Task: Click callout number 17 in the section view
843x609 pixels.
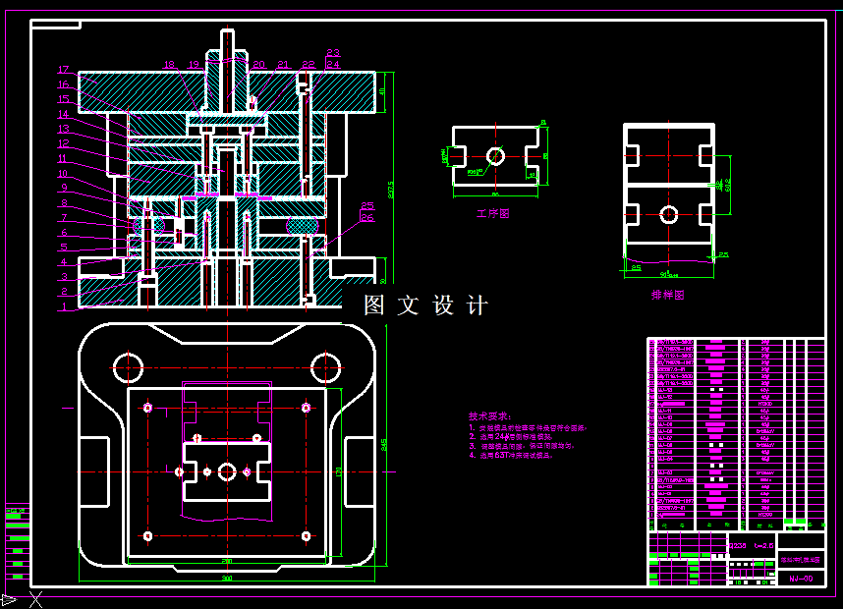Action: (x=63, y=70)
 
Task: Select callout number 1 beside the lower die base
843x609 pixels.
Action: (x=63, y=306)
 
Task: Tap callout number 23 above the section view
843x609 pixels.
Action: (x=333, y=53)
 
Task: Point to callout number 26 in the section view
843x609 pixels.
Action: (x=366, y=219)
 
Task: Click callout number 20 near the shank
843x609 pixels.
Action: (x=258, y=65)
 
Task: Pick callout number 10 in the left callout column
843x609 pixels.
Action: (x=63, y=174)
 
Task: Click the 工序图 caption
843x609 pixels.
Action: (x=492, y=213)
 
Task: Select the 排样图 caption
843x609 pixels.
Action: (x=667, y=294)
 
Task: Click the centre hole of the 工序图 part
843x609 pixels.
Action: (x=495, y=156)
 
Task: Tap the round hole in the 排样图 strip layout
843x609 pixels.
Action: (x=669, y=214)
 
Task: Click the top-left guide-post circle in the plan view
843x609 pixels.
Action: (x=128, y=367)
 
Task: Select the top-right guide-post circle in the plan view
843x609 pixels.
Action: (x=325, y=367)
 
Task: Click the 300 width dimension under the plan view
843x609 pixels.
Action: (x=226, y=579)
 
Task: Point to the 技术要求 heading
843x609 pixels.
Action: (x=489, y=416)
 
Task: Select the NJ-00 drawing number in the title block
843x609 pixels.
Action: (x=801, y=579)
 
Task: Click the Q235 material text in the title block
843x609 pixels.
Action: (x=736, y=545)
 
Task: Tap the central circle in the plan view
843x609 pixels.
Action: (x=227, y=471)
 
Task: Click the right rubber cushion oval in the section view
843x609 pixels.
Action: (x=304, y=226)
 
